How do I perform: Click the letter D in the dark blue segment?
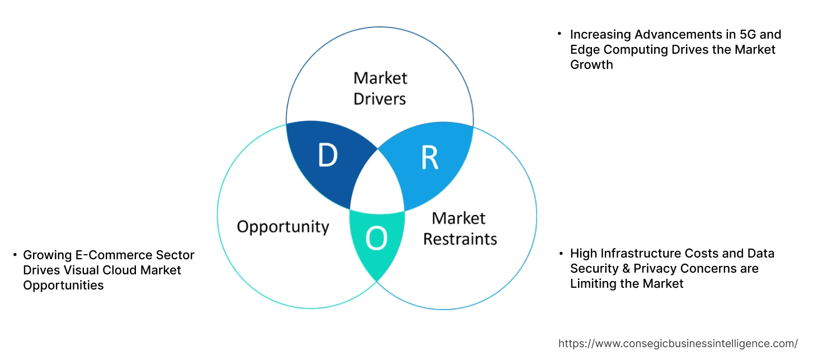click(327, 156)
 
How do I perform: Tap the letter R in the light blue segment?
click(429, 158)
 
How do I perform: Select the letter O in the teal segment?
click(376, 240)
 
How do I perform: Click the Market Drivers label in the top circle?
click(380, 88)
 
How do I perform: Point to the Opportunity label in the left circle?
click(283, 227)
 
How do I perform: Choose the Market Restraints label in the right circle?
click(459, 228)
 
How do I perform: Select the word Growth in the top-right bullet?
click(591, 65)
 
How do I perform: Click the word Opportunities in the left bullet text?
click(63, 286)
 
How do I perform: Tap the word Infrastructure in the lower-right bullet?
click(642, 254)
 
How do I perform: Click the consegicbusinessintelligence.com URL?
click(678, 344)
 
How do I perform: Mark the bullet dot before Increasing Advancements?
click(560, 35)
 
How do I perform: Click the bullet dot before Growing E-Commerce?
click(15, 255)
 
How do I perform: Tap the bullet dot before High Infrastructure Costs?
click(561, 254)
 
